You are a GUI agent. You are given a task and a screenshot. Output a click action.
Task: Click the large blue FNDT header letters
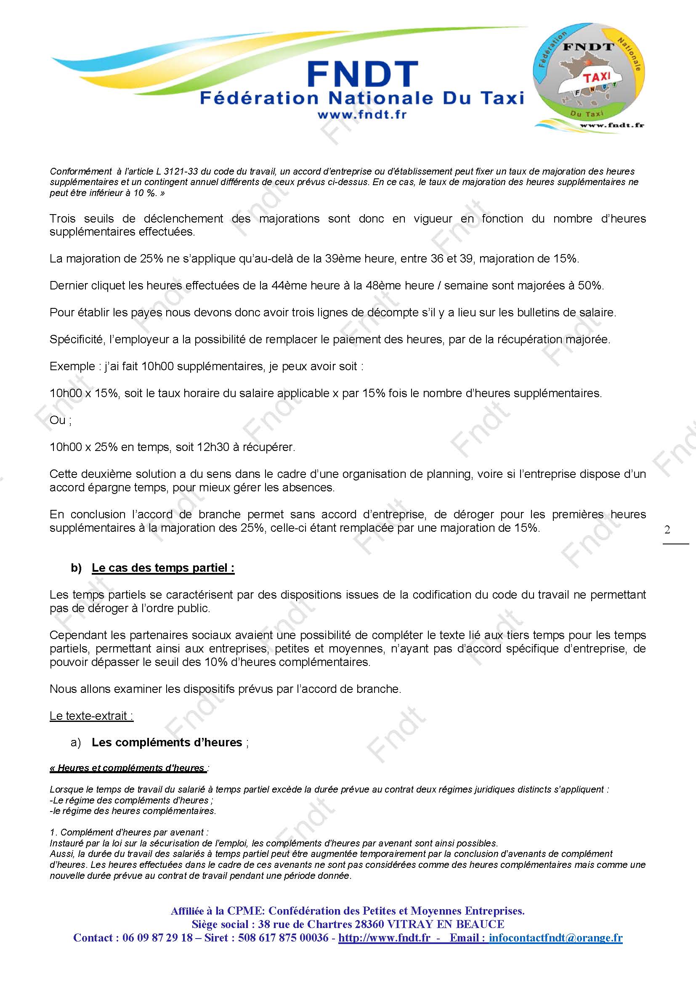coord(362,74)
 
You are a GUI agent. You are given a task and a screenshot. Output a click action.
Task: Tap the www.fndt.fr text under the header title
coord(362,114)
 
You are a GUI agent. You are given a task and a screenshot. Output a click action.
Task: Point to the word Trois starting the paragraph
coord(63,219)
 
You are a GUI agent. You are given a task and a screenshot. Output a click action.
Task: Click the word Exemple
coord(72,366)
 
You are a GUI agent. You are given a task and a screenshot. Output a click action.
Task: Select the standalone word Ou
coord(57,420)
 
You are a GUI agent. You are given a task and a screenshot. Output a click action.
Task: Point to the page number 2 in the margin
coord(667,530)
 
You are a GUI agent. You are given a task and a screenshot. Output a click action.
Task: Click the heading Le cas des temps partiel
coord(163,568)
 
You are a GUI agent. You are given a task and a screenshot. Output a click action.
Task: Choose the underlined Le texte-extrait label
coord(91,716)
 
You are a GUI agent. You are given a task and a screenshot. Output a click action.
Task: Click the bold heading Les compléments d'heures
coord(167,743)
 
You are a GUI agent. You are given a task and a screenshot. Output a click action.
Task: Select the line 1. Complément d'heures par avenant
coord(129,832)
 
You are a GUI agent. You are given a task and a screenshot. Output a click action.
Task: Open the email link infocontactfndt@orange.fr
coord(555,938)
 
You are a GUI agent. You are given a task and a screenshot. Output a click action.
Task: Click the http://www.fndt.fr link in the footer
coord(384,938)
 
